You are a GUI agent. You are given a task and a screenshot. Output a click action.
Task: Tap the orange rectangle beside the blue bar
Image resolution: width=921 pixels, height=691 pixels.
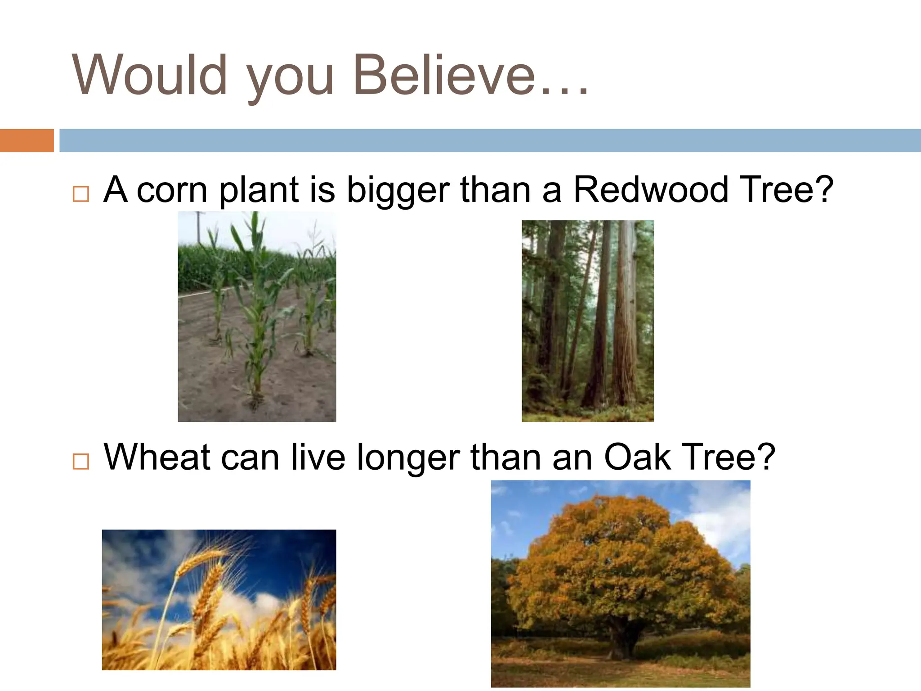pyautogui.click(x=27, y=140)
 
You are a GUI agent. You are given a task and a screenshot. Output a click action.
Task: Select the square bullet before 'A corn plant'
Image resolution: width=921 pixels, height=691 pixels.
pyautogui.click(x=81, y=194)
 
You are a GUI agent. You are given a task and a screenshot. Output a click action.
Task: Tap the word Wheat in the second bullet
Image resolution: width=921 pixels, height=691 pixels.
pyautogui.click(x=157, y=458)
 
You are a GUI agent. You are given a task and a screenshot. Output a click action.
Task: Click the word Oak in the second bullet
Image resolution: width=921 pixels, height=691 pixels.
pyautogui.click(x=637, y=458)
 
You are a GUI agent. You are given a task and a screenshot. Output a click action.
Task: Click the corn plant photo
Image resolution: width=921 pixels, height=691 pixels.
pyautogui.click(x=257, y=316)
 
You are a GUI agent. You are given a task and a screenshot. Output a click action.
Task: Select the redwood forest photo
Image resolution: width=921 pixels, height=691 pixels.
pyautogui.click(x=587, y=321)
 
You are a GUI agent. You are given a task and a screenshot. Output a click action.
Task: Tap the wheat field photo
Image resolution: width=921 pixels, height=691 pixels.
pyautogui.click(x=219, y=600)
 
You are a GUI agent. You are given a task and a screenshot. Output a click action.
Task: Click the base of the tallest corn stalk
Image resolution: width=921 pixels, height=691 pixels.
pyautogui.click(x=255, y=398)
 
